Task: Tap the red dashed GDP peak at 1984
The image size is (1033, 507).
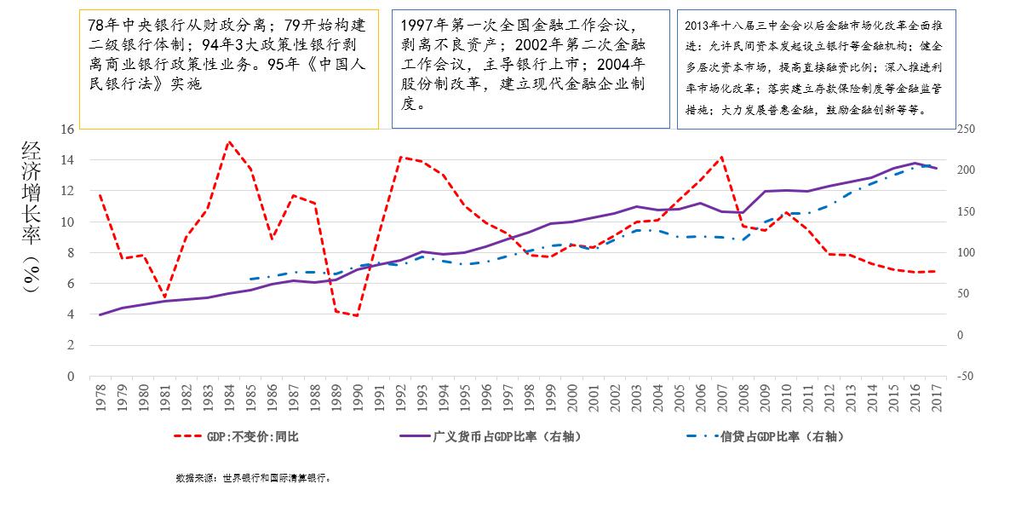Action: (x=229, y=141)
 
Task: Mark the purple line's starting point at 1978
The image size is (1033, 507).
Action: (x=100, y=314)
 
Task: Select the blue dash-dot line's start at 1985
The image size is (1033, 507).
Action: (x=250, y=279)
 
